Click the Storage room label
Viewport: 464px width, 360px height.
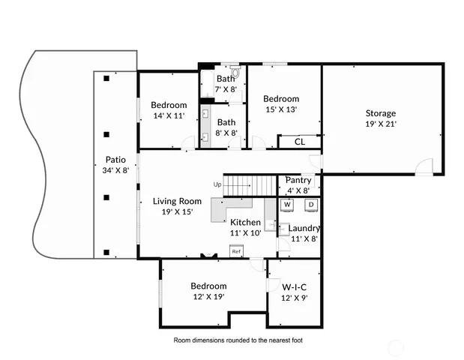pos(381,113)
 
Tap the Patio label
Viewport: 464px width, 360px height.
pos(115,159)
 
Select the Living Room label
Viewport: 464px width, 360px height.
pos(177,201)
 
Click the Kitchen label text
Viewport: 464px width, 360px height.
pos(245,222)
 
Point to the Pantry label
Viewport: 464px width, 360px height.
pos(298,180)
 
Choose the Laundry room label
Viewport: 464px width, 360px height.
pos(304,228)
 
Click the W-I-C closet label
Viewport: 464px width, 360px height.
pos(293,286)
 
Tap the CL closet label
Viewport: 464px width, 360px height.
pos(299,141)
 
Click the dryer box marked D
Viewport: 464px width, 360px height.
pos(310,204)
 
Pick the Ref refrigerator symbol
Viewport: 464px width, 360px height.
pos(235,252)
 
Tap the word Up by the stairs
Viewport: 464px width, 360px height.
pos(217,184)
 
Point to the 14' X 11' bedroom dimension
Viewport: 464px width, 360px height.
pos(169,115)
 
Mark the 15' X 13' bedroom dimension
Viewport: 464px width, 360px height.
pos(281,109)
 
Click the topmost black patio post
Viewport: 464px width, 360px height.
pos(107,78)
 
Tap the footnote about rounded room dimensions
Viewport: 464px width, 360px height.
pos(238,340)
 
